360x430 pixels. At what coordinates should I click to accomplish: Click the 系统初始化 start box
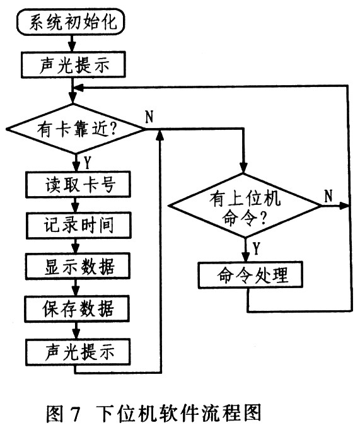(71, 21)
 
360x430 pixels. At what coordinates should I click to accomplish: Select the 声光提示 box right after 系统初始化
(73, 65)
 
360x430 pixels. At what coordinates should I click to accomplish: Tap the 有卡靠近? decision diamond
(76, 129)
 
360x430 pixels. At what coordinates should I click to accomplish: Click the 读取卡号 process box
(78, 184)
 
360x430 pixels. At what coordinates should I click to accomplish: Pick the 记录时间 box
(78, 226)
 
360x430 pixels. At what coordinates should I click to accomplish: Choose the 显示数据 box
(78, 266)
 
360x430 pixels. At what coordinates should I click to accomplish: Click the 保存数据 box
(77, 308)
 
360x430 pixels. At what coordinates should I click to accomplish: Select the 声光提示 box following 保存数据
(78, 352)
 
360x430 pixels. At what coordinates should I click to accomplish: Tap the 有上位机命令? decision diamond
(245, 206)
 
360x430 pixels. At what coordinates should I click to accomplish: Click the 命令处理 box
(250, 275)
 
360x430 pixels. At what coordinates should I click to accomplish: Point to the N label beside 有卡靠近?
(149, 117)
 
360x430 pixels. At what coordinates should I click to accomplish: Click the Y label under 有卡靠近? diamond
(87, 163)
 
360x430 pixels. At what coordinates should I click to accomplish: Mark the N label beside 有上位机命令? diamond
(328, 196)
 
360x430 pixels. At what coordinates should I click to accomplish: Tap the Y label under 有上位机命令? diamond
(256, 248)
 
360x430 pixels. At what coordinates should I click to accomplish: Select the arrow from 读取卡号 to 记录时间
(76, 205)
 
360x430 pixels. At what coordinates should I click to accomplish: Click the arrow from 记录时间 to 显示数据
(76, 246)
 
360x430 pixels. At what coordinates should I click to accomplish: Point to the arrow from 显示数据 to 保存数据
(76, 288)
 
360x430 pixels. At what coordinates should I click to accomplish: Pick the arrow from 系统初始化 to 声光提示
(72, 44)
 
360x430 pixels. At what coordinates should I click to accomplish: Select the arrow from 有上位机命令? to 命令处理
(246, 250)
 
